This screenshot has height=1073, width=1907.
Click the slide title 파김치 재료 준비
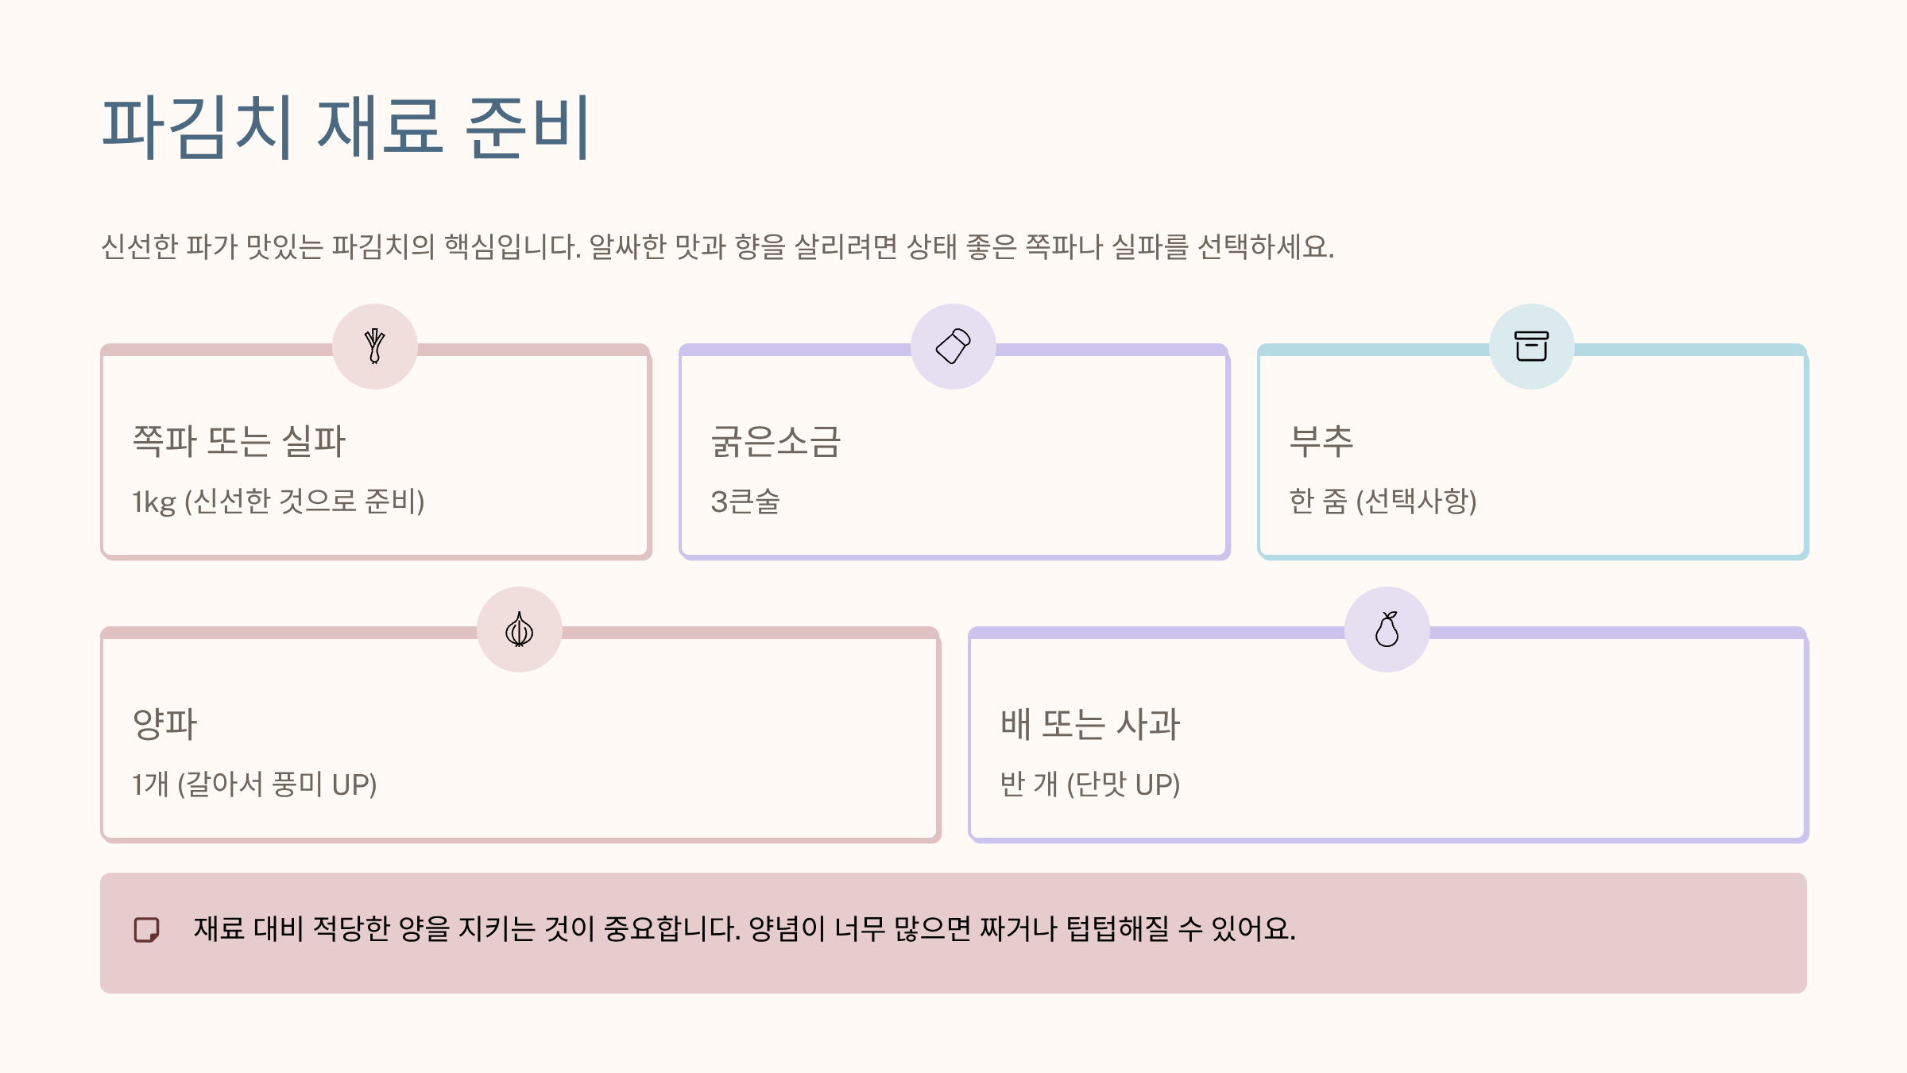[346, 127]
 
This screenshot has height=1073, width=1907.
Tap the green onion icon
[375, 347]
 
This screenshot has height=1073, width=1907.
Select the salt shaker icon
[953, 347]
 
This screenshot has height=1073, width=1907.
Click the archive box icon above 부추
[1531, 347]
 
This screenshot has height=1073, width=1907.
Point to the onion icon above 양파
[520, 629]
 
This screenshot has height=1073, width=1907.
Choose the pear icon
[1387, 629]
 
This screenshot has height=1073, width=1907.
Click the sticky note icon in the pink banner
[146, 929]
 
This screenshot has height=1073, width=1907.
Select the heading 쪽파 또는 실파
[238, 441]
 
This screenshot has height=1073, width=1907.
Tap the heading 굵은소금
[776, 441]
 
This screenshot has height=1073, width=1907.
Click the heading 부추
[1321, 441]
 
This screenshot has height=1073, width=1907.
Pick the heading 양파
[164, 724]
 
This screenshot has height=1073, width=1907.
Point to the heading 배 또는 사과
[1090, 724]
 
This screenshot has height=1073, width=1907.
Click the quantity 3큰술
[745, 502]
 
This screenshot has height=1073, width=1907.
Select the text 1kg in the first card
[153, 502]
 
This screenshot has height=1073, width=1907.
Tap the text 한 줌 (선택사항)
[1383, 502]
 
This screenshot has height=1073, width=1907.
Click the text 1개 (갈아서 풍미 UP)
[254, 784]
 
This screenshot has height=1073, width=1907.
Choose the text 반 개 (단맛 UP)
[1090, 784]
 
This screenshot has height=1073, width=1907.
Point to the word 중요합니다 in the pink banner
[672, 928]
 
